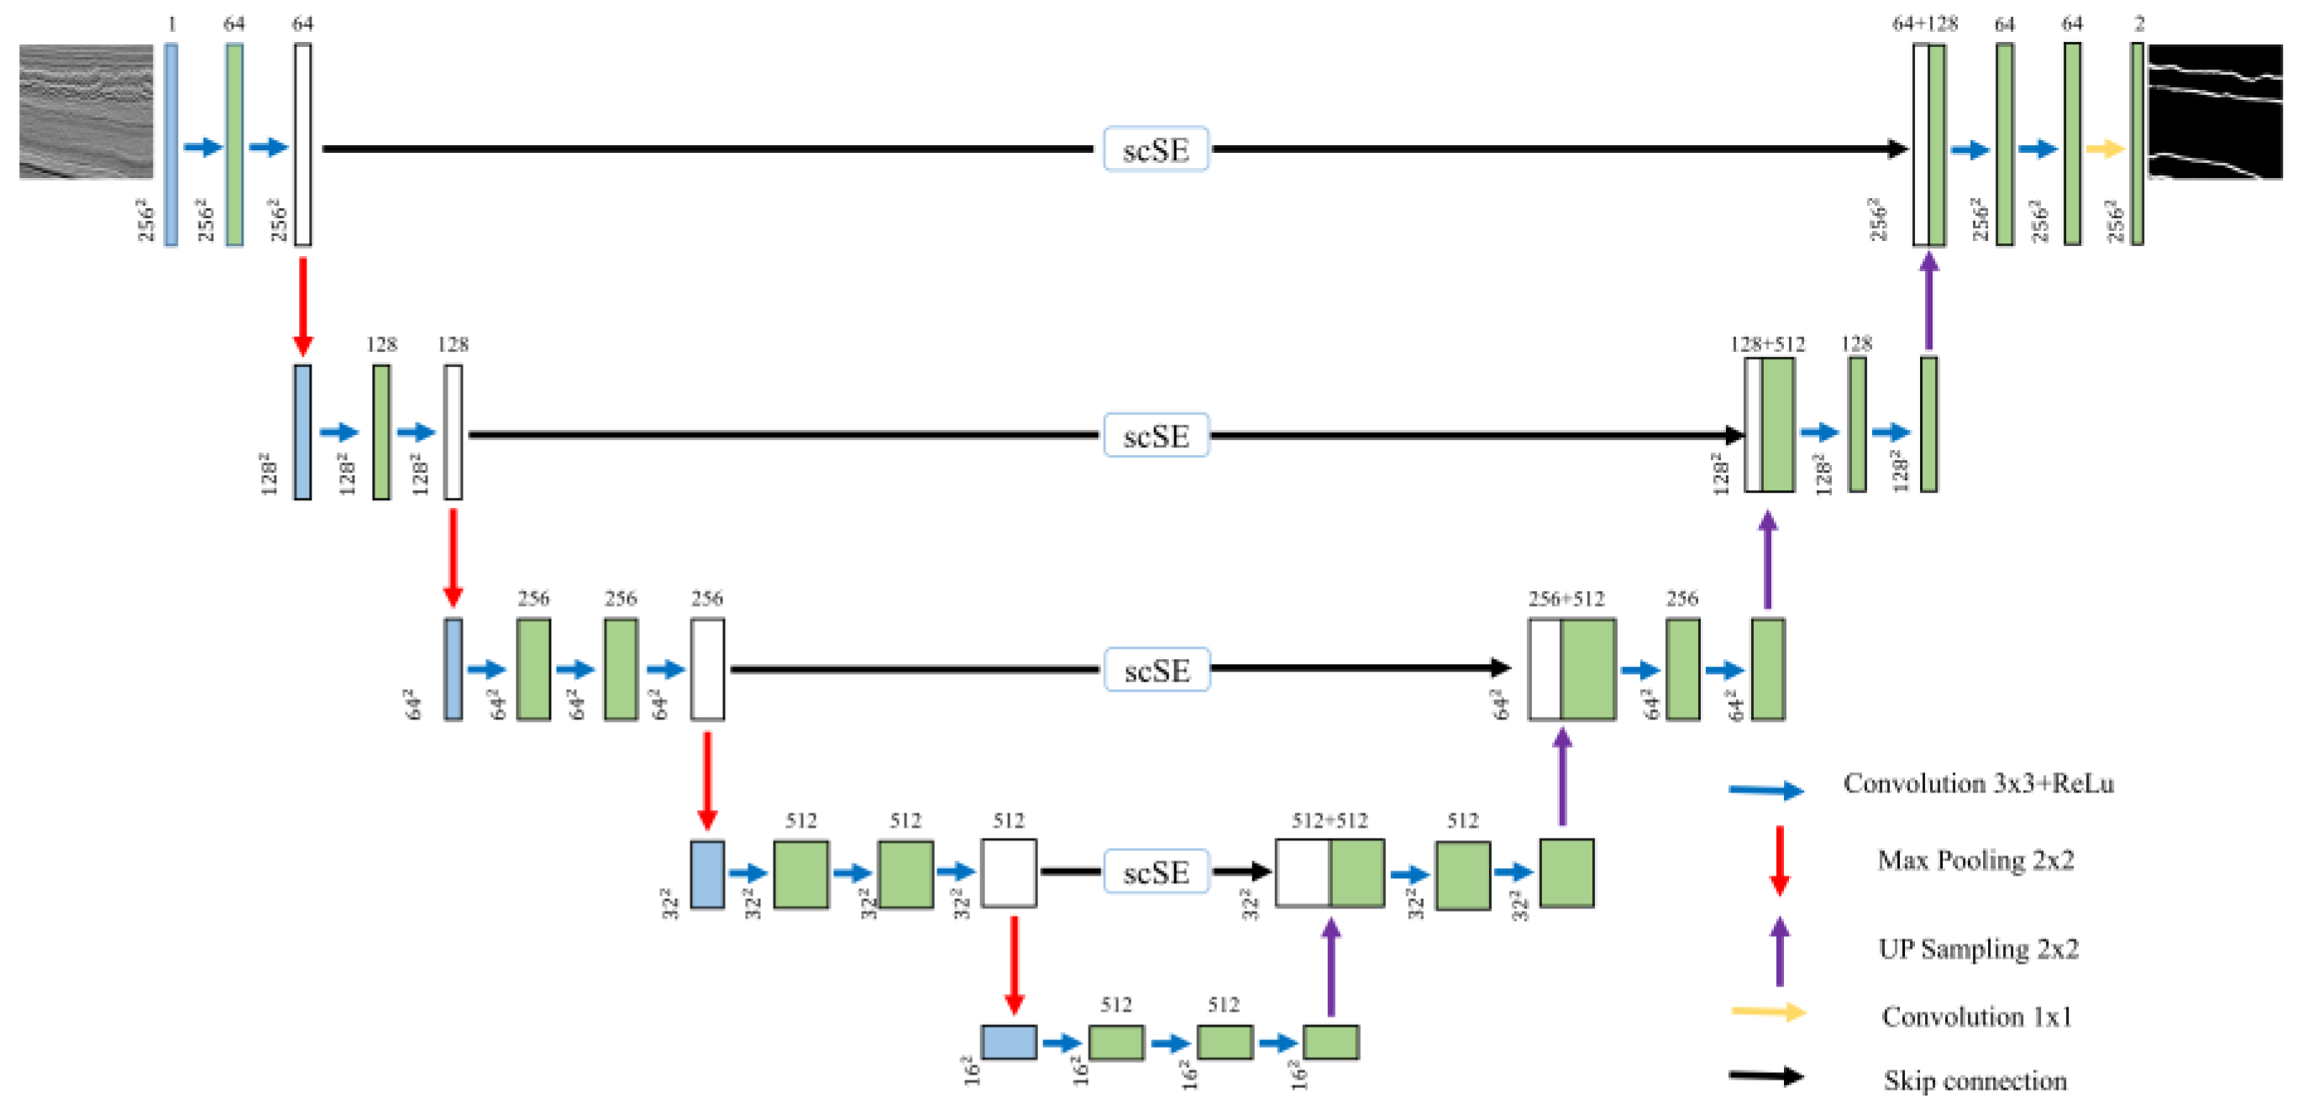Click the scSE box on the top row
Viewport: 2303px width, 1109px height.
[x=1155, y=149]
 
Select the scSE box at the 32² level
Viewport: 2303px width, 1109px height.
[x=1155, y=871]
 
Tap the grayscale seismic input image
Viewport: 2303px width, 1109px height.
[x=86, y=112]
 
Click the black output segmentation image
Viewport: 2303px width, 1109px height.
[x=2215, y=112]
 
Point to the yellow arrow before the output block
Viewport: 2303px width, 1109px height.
[x=2104, y=149]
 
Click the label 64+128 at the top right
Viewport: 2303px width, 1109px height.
[x=1924, y=24]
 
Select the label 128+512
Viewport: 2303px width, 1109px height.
[x=1766, y=344]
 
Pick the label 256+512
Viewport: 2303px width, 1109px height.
[x=1566, y=599]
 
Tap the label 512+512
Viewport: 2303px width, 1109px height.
[x=1329, y=820]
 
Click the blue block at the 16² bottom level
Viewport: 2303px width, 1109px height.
[x=1009, y=1042]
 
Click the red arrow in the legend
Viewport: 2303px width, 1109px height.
[x=1779, y=861]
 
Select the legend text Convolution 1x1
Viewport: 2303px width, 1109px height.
[x=1975, y=1017]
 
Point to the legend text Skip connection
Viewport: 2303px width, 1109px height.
[x=1974, y=1080]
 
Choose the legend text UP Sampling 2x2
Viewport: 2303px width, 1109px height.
[x=1978, y=948]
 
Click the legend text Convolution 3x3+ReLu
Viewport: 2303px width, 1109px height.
[x=1978, y=784]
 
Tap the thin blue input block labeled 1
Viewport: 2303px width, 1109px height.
[x=170, y=144]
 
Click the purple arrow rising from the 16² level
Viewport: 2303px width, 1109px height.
[x=1330, y=968]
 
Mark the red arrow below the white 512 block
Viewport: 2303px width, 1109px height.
[x=1013, y=965]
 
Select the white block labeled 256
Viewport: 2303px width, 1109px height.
[x=707, y=668]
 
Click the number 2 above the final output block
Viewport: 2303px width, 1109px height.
[x=2138, y=24]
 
